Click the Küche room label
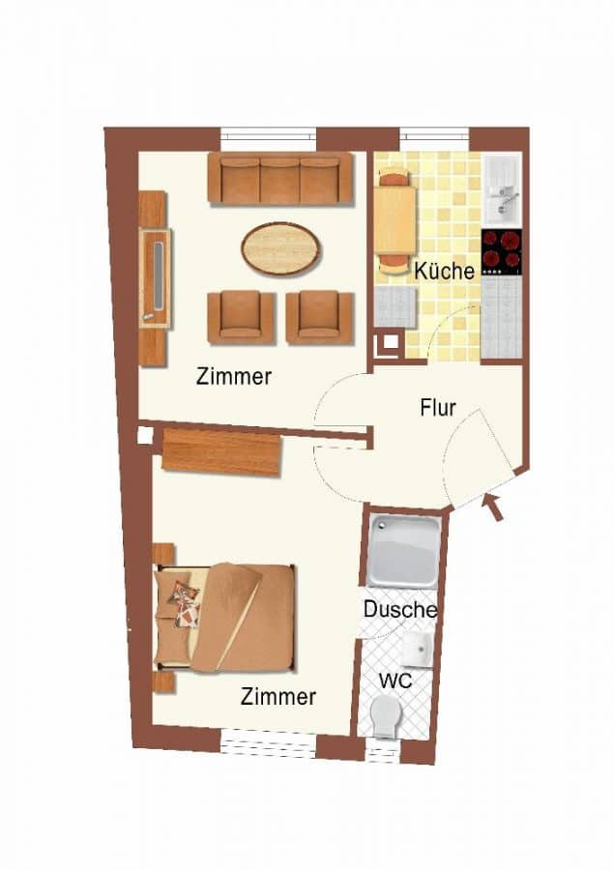[x=445, y=272]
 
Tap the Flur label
[x=437, y=408]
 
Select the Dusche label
[x=399, y=609]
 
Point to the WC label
[x=395, y=680]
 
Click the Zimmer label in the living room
[x=234, y=377]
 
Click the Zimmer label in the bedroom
[x=278, y=696]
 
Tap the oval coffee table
[x=281, y=247]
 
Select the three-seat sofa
[x=280, y=179]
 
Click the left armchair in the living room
[x=241, y=317]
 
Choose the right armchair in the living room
[x=320, y=317]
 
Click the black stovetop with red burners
[x=502, y=252]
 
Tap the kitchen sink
[x=502, y=190]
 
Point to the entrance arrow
[x=493, y=507]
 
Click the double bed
[x=225, y=618]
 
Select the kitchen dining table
[x=395, y=220]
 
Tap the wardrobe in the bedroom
[x=222, y=451]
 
